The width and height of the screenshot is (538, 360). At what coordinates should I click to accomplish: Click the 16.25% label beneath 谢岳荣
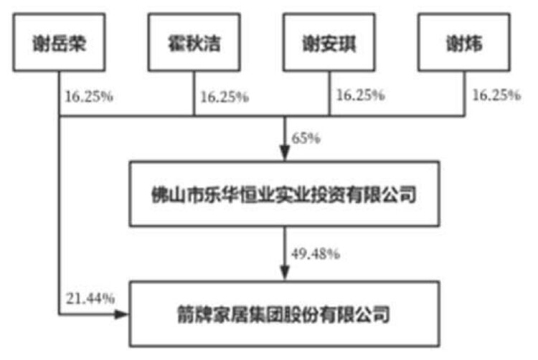[89, 97]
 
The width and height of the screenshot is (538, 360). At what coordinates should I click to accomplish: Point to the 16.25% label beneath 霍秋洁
[225, 97]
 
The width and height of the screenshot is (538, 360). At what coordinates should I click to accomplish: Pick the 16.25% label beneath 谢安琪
[360, 95]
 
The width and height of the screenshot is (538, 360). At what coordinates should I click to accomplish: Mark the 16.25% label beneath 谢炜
[496, 95]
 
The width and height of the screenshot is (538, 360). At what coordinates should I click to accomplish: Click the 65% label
[306, 138]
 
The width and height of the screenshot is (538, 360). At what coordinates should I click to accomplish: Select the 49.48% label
[316, 254]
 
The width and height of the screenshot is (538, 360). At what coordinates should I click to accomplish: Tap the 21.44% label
[90, 298]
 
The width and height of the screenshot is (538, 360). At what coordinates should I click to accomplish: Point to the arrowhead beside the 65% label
[285, 153]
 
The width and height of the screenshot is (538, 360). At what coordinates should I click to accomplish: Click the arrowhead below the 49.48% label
[285, 274]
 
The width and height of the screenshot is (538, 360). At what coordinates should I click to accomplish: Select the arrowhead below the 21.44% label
[121, 314]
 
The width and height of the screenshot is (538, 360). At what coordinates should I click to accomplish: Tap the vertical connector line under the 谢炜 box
[465, 94]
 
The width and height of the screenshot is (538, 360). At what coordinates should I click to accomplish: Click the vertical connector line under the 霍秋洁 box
[194, 94]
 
